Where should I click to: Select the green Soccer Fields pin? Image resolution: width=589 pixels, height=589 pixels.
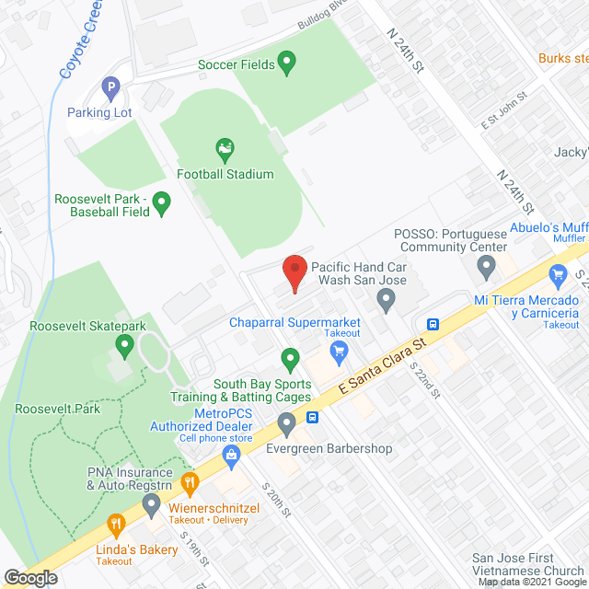[x=286, y=64]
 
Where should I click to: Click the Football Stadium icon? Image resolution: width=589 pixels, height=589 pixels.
[x=225, y=149]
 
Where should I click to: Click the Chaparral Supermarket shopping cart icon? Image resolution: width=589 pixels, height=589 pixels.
[x=339, y=350]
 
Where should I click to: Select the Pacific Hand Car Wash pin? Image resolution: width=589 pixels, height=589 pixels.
[x=387, y=299]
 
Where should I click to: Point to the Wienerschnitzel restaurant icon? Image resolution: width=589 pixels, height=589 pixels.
[x=191, y=482]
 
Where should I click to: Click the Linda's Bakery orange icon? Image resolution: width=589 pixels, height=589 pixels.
[x=117, y=525]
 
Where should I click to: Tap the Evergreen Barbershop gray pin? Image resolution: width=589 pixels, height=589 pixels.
[x=286, y=424]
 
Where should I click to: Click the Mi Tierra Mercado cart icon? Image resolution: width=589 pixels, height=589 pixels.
[x=556, y=274]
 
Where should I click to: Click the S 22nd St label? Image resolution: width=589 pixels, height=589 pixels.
[x=426, y=378]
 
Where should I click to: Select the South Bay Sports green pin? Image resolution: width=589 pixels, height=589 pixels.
[x=291, y=357]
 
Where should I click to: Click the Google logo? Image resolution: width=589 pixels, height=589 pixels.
[x=31, y=578]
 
